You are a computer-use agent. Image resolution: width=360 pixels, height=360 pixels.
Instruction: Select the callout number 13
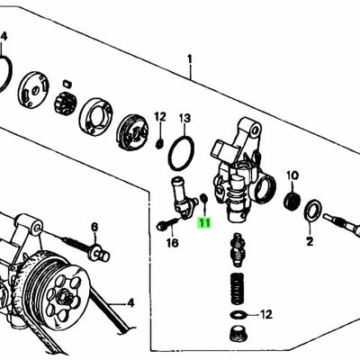[184, 118]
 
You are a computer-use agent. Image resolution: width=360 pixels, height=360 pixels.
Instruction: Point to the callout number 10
[292, 175]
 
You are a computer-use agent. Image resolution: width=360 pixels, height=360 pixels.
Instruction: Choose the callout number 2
[309, 242]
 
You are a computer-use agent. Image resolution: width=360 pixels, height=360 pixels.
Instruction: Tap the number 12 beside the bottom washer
[265, 314]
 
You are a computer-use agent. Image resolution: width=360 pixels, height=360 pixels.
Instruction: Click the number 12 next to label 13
[160, 116]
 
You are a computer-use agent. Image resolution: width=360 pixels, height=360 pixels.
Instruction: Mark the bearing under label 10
[291, 198]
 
